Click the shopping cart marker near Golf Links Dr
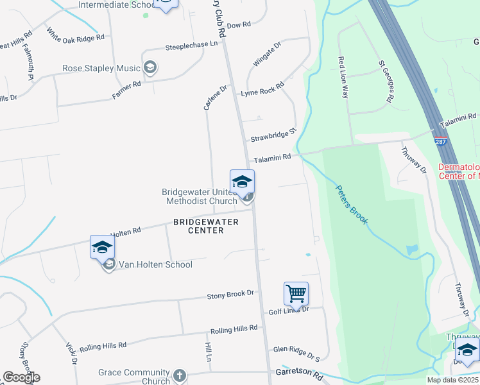(296, 293)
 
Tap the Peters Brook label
(352, 205)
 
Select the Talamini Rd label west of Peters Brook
(272, 157)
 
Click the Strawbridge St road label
(273, 135)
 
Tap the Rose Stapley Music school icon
(151, 68)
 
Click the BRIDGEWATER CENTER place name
(206, 226)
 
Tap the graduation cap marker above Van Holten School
(102, 246)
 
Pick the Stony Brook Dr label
(230, 295)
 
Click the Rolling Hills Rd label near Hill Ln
(234, 329)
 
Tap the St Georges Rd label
(385, 81)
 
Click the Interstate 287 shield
(440, 141)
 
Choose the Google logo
(21, 377)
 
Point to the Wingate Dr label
(267, 55)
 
